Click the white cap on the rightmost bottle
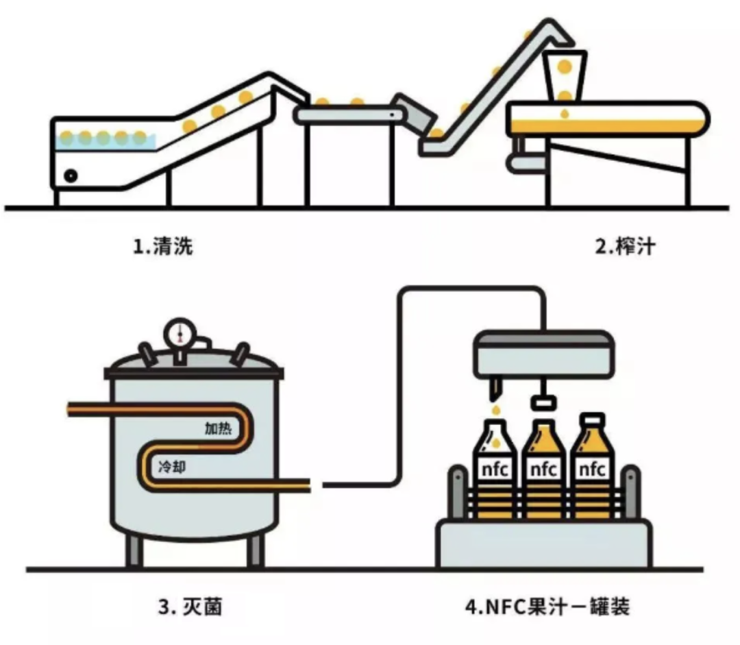(x=592, y=417)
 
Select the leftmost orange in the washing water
(x=67, y=138)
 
